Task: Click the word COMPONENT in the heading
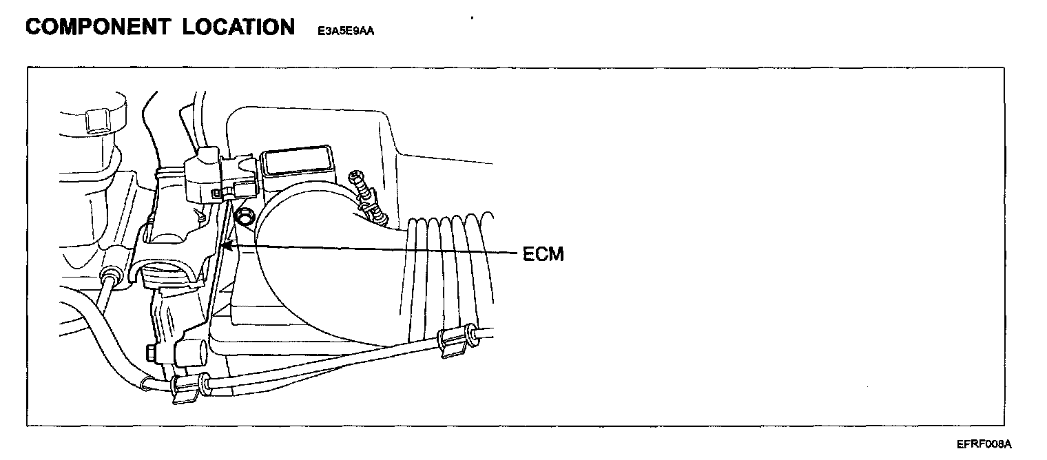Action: click(x=96, y=28)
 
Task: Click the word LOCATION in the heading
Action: click(x=238, y=28)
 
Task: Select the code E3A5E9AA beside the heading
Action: click(x=346, y=31)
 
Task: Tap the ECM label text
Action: click(x=543, y=254)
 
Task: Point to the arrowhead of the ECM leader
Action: click(x=225, y=244)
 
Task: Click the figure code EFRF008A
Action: click(x=984, y=444)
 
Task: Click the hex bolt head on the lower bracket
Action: click(x=150, y=354)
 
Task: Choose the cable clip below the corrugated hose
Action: click(x=452, y=342)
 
